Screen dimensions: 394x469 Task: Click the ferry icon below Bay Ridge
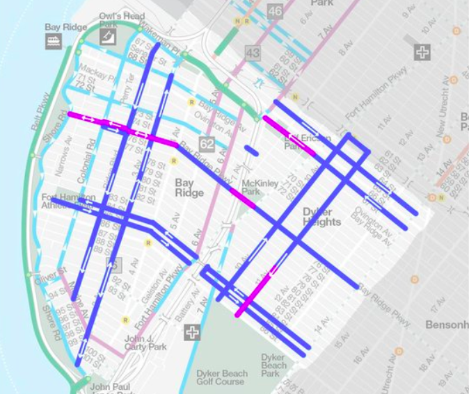pos(54,41)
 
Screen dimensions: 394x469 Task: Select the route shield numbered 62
pos(206,144)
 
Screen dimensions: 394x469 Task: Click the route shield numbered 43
pos(251,52)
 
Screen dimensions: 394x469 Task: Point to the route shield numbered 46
pos(274,11)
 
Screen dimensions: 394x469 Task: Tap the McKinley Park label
pos(260,187)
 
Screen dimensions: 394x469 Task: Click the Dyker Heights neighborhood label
pos(321,216)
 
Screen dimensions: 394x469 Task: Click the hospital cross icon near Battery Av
pos(192,333)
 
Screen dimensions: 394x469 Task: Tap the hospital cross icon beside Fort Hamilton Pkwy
pos(422,52)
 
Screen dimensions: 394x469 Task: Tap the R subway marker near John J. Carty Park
pos(125,320)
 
